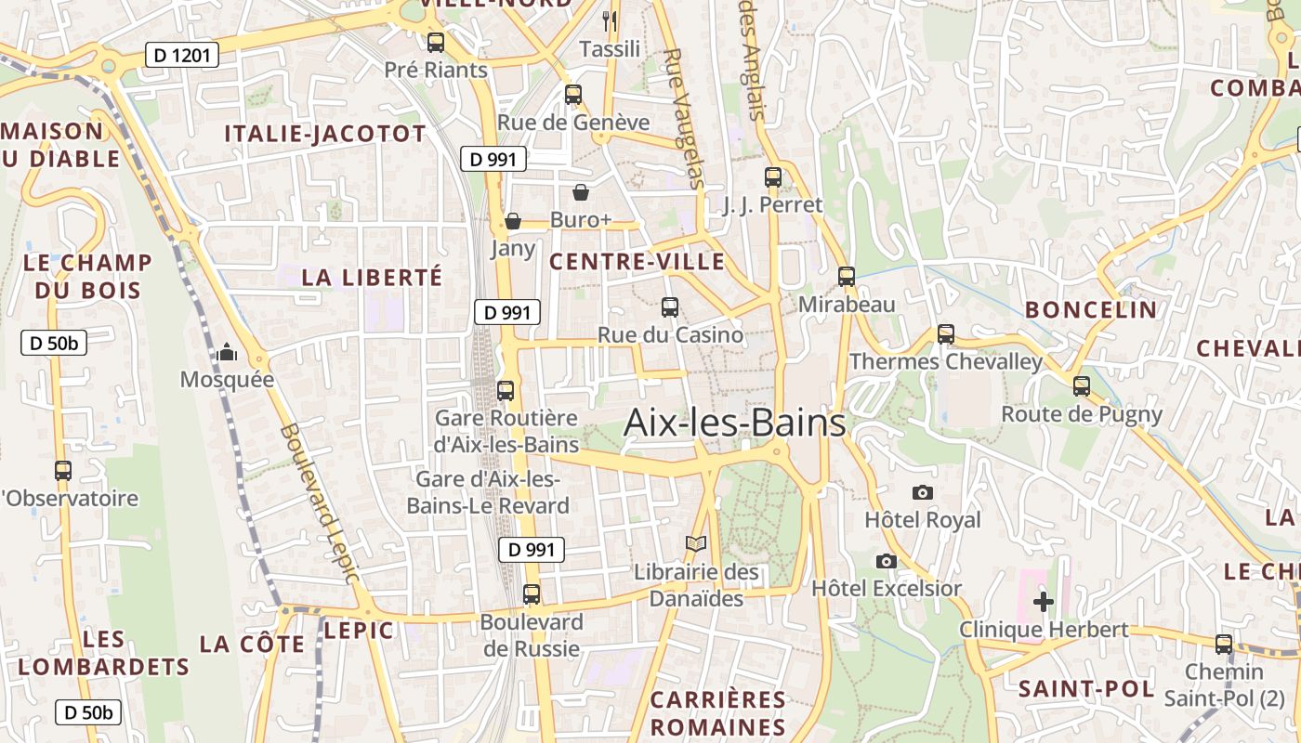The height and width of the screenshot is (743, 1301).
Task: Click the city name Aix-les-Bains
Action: (734, 423)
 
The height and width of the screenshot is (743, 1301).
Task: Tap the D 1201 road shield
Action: (182, 56)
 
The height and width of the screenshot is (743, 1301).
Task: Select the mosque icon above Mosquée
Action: (226, 352)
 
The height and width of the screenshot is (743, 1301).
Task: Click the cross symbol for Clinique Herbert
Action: (1044, 602)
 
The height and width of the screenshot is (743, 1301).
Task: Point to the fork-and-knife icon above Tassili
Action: (610, 20)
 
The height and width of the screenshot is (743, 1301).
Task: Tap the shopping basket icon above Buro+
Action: (581, 192)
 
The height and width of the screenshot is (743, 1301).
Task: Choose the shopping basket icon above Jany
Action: (512, 221)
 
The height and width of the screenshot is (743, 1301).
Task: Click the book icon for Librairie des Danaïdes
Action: (696, 543)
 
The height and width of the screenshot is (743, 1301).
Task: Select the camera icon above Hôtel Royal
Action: (923, 492)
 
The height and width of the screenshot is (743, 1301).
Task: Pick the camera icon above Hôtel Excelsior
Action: (887, 561)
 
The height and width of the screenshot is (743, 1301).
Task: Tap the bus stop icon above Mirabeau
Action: (846, 276)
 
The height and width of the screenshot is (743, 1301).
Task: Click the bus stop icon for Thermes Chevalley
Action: (946, 333)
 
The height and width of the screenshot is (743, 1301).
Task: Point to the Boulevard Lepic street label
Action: (319, 504)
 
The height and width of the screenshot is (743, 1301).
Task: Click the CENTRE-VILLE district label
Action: (637, 262)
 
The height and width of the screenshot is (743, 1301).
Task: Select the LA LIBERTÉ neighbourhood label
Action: (372, 277)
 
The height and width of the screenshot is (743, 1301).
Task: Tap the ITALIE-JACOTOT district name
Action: (325, 134)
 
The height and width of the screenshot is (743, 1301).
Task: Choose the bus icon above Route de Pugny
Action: (1081, 385)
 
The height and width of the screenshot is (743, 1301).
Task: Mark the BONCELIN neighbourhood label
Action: (1091, 309)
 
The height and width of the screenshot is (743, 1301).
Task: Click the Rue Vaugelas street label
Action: (686, 118)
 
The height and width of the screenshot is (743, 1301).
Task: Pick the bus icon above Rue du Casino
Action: (669, 306)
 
